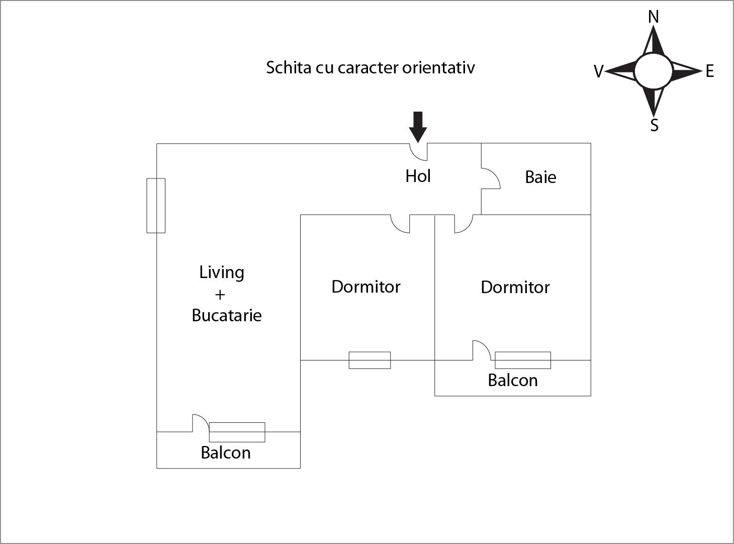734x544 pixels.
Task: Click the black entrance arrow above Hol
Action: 418,126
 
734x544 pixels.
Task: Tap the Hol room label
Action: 418,176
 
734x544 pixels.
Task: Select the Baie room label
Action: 540,177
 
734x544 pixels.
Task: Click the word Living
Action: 222,273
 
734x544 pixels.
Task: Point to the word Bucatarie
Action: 227,315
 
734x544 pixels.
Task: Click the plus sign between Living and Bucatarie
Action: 220,294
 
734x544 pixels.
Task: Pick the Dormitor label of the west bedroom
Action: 366,287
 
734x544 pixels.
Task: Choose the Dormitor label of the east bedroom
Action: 515,287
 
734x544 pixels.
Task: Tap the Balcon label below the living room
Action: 225,452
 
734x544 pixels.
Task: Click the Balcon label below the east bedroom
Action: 513,380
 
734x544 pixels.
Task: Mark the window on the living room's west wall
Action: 156,205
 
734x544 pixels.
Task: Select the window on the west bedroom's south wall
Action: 370,360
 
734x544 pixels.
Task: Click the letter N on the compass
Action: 653,17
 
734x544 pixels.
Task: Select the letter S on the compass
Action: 654,125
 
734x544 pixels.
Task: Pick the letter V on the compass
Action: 598,72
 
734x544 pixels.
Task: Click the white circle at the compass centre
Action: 653,71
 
